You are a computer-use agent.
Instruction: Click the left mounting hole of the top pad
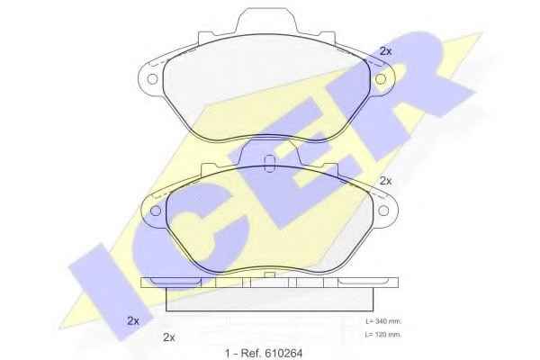(153, 79)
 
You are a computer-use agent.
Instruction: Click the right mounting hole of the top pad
(380, 79)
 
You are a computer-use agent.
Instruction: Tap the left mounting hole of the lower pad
(156, 211)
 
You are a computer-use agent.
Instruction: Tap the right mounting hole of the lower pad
(383, 211)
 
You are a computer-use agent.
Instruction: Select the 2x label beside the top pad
(386, 51)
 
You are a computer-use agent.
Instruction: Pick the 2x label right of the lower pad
(386, 181)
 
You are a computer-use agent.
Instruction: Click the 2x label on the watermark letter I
(133, 320)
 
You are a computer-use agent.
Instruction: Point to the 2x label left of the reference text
(169, 337)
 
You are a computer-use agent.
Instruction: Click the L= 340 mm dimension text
(383, 321)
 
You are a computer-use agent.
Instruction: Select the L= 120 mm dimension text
(383, 334)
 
